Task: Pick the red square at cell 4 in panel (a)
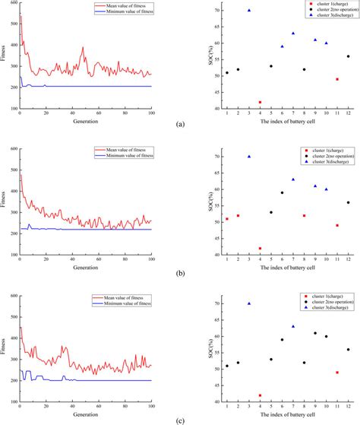point(260,102)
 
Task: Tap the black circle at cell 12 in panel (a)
point(348,56)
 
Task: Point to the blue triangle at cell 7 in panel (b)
point(292,179)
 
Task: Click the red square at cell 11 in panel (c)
point(336,373)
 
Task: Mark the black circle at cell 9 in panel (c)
point(314,333)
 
